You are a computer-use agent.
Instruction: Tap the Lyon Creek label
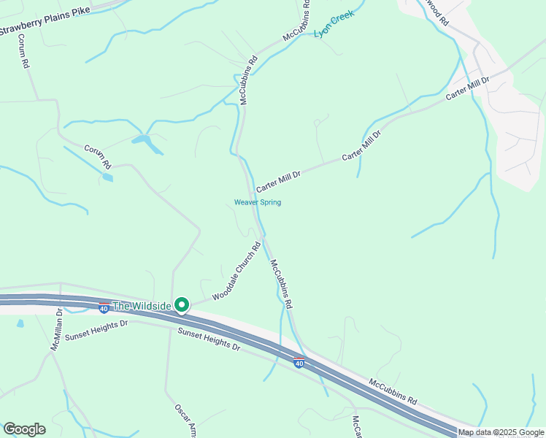point(334,24)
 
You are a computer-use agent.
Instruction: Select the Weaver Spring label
point(257,202)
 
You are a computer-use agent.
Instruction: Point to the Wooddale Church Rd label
point(237,272)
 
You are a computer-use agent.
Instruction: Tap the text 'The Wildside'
point(142,305)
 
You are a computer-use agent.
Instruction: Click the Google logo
point(24,429)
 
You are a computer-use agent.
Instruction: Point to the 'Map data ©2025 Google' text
point(501,432)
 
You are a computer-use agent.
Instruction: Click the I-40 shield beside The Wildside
point(104,308)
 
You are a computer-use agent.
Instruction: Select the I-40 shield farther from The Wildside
point(299,361)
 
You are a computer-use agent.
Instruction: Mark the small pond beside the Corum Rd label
point(108,177)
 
